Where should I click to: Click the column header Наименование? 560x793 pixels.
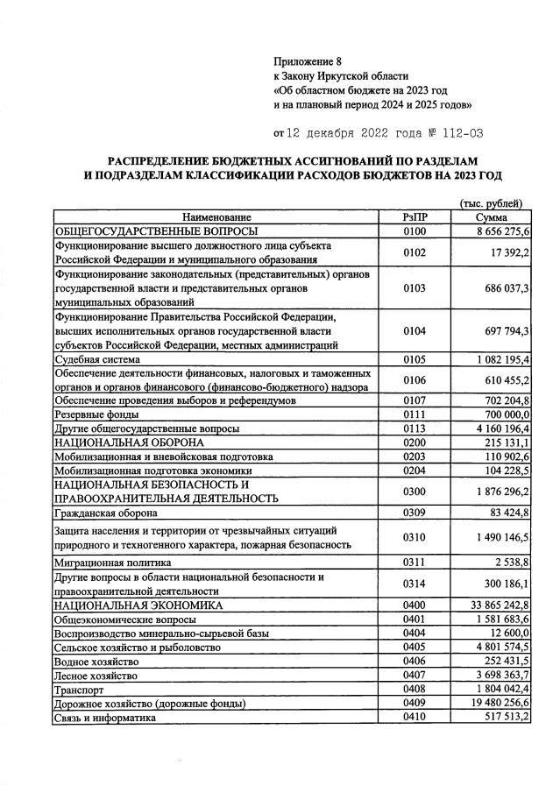216,216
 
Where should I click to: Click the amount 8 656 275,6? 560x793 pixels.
496,230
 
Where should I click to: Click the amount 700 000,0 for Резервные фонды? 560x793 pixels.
502,414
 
